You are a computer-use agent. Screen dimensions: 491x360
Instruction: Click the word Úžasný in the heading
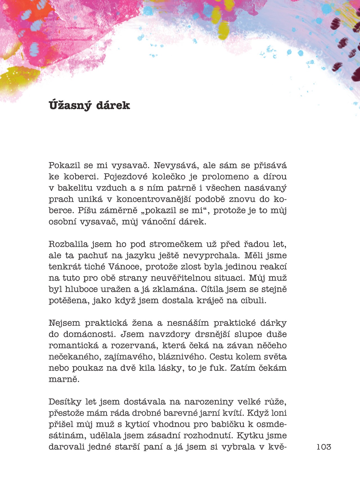[70, 105]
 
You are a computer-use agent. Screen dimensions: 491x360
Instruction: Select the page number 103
[324, 447]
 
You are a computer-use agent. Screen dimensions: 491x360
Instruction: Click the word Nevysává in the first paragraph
[176, 166]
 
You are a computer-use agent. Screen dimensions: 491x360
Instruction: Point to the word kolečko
[172, 177]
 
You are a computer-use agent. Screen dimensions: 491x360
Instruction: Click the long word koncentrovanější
[154, 199]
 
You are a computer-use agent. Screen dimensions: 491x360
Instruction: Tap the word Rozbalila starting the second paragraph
[68, 244]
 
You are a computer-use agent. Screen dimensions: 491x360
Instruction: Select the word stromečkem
[176, 244]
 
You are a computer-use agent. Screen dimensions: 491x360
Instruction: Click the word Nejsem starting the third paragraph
[64, 323]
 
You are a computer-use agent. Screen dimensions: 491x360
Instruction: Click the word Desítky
[64, 402]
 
